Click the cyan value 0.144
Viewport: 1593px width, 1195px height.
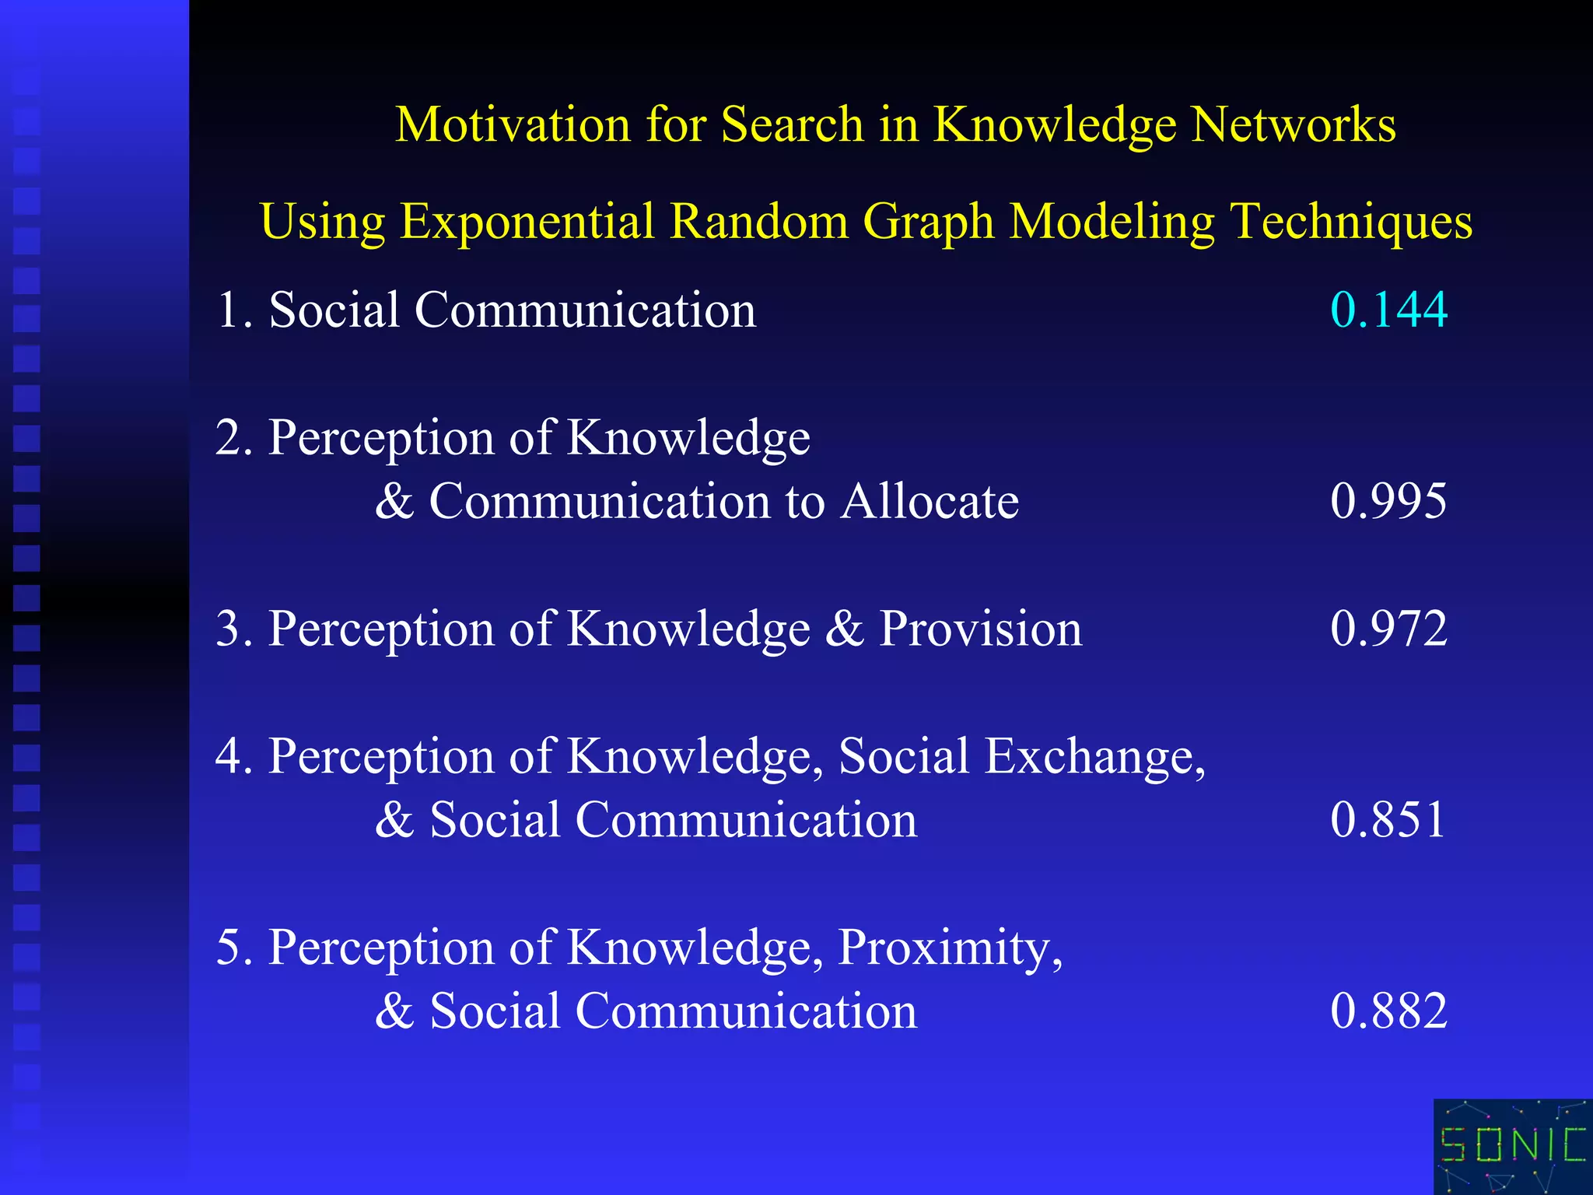(1388, 310)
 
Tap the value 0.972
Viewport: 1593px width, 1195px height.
(1388, 629)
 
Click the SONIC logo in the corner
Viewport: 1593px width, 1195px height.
(1513, 1146)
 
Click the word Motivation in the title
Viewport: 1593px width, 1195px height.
(513, 124)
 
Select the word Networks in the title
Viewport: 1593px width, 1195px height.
(1294, 124)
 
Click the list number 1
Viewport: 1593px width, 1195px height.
(233, 310)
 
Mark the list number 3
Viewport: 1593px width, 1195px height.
(233, 629)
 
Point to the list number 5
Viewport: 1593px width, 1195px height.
(233, 948)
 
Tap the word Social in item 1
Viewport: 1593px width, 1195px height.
(334, 310)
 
